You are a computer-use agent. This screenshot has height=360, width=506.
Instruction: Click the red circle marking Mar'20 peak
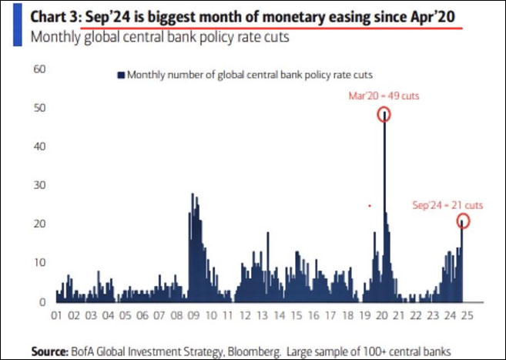384,114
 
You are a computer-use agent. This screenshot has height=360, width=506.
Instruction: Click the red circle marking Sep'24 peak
462,221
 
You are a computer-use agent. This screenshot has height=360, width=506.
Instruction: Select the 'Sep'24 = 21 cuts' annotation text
447,205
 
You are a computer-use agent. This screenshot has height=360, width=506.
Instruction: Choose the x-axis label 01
56,316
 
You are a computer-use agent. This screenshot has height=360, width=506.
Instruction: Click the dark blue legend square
121,75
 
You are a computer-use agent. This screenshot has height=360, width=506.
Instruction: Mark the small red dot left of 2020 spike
370,206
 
